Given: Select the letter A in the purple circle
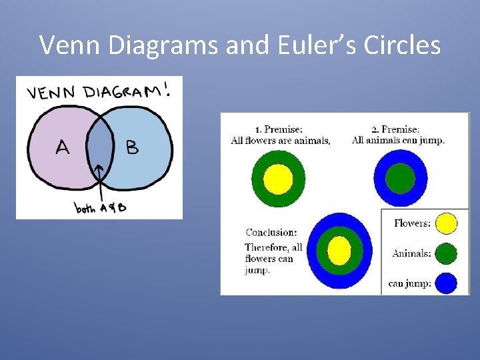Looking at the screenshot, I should point(62,147).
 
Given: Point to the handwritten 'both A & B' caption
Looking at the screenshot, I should point(100,208).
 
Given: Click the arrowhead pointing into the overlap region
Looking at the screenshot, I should point(99,172).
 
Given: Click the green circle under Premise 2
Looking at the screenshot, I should point(400,178).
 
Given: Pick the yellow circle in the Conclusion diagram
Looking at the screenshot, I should point(339,251).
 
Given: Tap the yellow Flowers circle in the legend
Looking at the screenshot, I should point(446,223).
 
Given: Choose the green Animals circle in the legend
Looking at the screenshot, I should point(446,253).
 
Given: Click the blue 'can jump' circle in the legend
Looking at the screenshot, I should point(446,283).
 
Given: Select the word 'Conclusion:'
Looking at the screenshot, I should point(271,233).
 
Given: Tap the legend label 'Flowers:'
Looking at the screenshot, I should point(412,223).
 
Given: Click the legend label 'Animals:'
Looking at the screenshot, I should point(411,253).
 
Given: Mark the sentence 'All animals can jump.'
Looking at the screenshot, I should point(399,140).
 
